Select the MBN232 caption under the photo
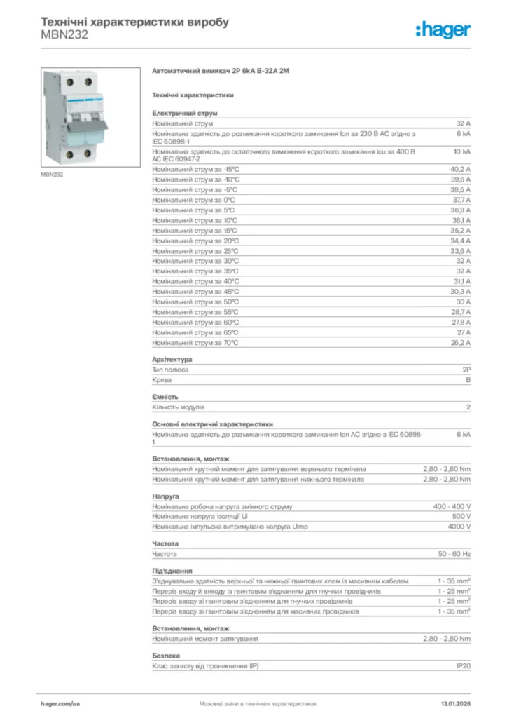coord(53,175)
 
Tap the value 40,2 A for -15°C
coord(460,170)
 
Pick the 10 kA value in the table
coord(462,151)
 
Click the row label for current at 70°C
coord(195,343)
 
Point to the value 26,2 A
coord(460,343)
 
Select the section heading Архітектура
coord(172,360)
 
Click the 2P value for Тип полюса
coord(466,370)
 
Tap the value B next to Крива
coord(468,380)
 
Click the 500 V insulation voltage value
coord(461,516)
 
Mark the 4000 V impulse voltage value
coord(459,527)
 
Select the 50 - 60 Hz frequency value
coord(454,554)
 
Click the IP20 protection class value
coord(464,666)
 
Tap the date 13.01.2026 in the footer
coord(455,703)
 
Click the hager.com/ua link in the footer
coord(60,703)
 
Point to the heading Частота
coord(165,543)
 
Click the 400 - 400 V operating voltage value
coord(452,506)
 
